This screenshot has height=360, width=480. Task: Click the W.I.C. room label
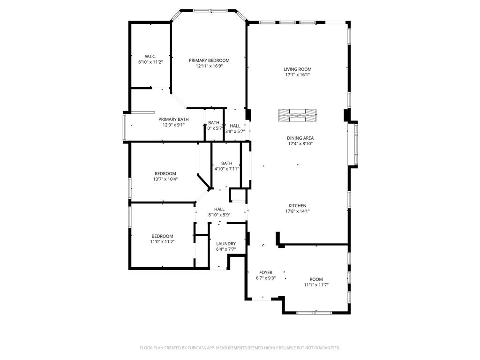(x=150, y=56)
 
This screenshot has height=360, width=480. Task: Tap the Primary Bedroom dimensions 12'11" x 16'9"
(x=209, y=66)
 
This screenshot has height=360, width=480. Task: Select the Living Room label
(x=298, y=69)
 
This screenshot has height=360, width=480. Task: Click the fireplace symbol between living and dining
(x=297, y=115)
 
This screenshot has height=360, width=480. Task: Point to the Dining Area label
(x=300, y=138)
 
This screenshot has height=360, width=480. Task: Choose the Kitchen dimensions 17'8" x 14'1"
(x=297, y=211)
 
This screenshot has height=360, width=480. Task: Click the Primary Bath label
(x=173, y=119)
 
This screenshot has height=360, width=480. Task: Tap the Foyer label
(x=266, y=272)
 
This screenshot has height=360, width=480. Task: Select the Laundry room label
(x=226, y=244)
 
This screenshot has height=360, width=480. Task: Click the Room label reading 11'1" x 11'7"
(x=316, y=279)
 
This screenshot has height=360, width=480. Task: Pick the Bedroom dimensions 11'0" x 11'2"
(x=162, y=242)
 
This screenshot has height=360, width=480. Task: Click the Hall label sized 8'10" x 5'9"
(x=219, y=209)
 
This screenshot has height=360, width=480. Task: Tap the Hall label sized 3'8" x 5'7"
(x=235, y=126)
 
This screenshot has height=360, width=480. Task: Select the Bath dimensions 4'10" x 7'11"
(x=226, y=169)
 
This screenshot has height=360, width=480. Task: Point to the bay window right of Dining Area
(x=356, y=145)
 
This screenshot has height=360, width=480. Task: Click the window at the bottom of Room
(x=314, y=312)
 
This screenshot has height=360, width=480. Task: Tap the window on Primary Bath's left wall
(x=124, y=127)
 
